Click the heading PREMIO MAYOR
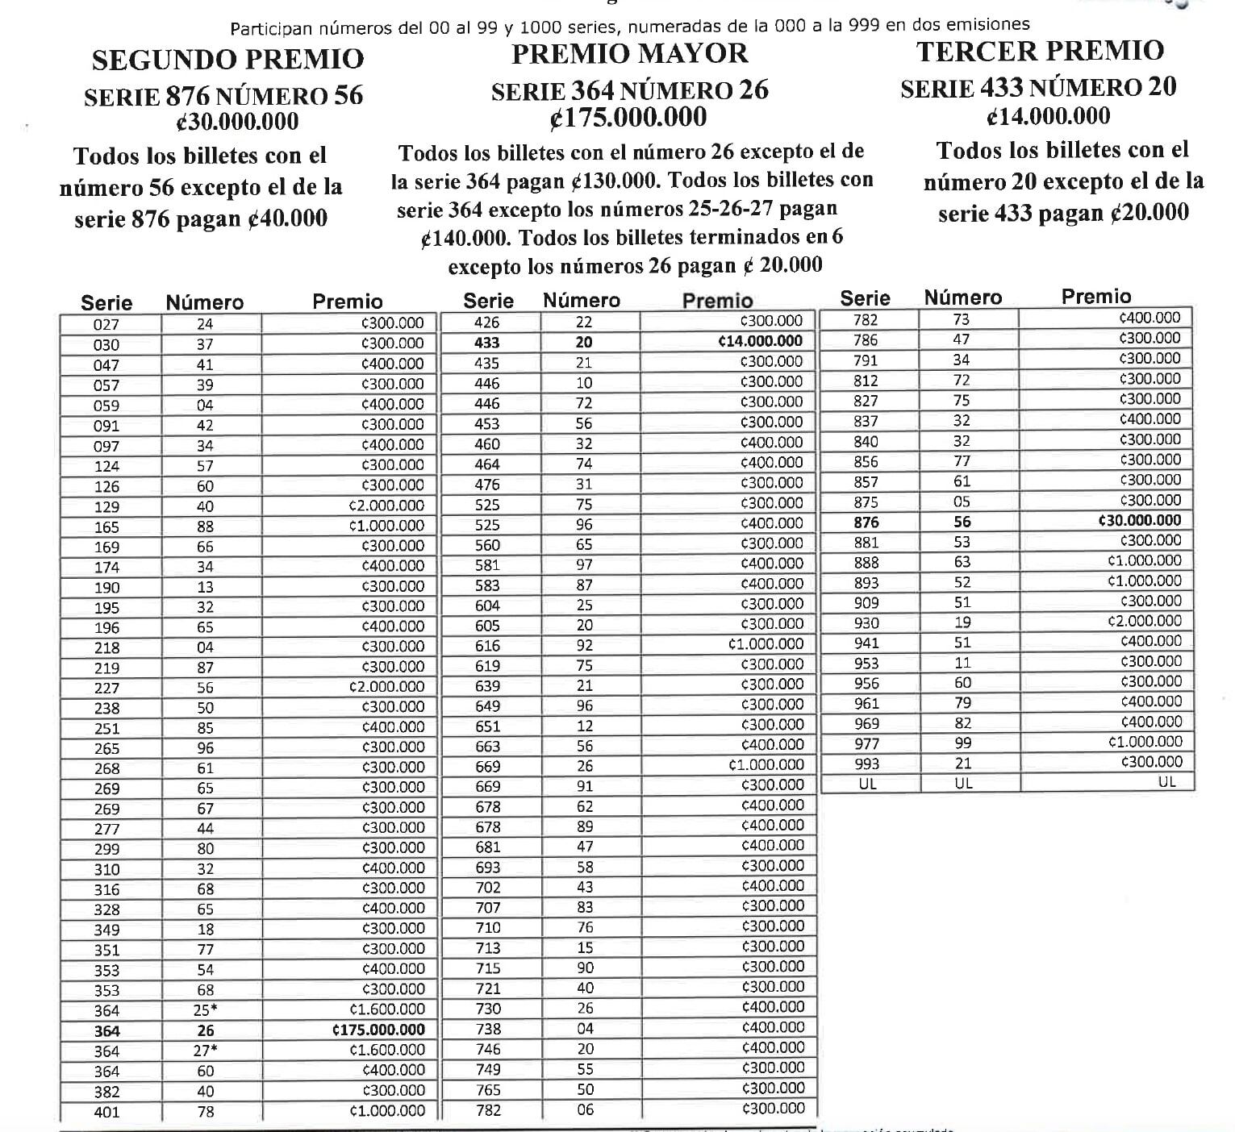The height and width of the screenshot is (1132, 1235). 629,54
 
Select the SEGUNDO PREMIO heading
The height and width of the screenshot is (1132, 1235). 227,59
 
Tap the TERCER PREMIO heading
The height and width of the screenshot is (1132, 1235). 1040,51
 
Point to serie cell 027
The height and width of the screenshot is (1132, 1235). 106,324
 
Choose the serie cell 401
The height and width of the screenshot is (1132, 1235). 106,1112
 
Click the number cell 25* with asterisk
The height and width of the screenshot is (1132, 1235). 207,1009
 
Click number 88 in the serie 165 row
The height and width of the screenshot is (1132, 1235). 206,526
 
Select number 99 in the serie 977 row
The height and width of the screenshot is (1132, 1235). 963,743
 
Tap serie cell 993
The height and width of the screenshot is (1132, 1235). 866,764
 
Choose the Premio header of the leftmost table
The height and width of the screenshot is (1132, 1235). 348,302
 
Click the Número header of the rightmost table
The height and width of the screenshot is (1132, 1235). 962,298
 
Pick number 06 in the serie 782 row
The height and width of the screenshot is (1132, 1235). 585,1109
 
